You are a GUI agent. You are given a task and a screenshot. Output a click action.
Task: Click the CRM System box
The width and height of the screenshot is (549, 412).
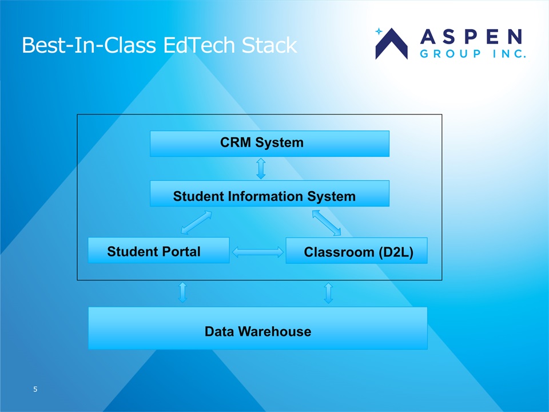269,143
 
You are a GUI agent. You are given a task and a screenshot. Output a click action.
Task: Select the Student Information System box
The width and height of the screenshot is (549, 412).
269,193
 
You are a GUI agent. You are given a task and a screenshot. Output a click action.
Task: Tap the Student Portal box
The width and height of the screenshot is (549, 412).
158,251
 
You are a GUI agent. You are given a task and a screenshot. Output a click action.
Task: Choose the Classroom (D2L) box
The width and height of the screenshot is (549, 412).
356,251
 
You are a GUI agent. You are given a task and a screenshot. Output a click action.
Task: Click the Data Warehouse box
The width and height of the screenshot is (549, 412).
257,328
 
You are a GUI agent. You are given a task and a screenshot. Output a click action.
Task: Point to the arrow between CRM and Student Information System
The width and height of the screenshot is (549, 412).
261,168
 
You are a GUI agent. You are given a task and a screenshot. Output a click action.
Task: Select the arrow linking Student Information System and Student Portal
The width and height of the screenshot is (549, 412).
196,223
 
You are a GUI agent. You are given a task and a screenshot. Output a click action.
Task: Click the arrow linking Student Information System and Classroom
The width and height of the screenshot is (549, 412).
327,223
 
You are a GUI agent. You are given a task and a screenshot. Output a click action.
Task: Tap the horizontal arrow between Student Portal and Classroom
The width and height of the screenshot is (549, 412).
257,252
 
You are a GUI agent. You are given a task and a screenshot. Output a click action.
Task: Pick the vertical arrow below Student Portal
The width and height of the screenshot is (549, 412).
182,292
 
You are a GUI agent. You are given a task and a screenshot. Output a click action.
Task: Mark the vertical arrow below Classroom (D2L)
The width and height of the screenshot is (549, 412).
328,292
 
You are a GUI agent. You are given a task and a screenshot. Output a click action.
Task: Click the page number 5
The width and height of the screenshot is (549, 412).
35,390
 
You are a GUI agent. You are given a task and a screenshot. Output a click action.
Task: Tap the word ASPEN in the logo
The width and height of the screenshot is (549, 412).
471,37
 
